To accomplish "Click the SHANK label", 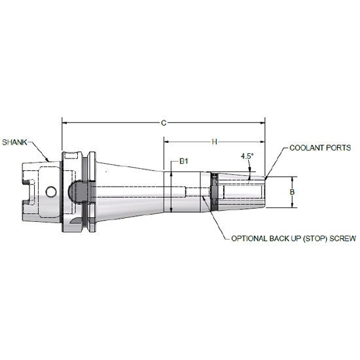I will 15,141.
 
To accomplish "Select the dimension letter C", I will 164,122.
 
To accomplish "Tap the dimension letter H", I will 214,141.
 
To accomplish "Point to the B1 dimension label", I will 185,162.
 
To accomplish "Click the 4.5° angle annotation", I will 247,156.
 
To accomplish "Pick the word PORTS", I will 338,149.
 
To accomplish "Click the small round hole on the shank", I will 52,192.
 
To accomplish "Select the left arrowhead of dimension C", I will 64,121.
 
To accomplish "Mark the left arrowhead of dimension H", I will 166,141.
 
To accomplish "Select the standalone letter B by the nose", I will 294,192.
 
